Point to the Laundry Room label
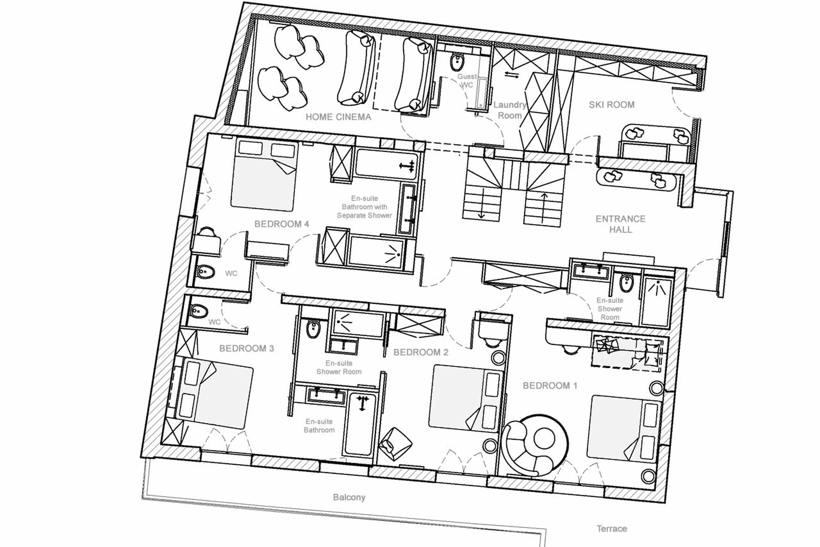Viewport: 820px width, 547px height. click(x=510, y=110)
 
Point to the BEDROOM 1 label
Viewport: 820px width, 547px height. click(x=550, y=385)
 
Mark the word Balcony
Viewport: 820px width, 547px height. click(x=349, y=497)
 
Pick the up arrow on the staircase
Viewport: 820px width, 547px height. click(x=544, y=199)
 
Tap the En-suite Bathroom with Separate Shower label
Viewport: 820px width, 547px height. click(x=364, y=207)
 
